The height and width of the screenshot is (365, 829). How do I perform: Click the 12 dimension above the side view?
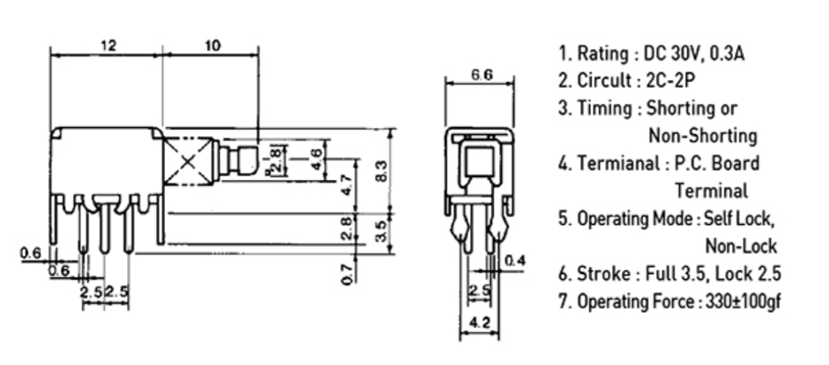(x=108, y=46)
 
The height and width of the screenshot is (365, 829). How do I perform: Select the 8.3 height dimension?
(x=381, y=171)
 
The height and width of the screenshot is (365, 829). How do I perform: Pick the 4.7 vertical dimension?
(x=347, y=185)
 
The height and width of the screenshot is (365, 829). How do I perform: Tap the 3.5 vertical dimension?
(x=381, y=231)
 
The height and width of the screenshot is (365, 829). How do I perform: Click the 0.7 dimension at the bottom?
(x=347, y=273)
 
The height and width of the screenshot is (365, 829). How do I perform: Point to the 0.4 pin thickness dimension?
(x=515, y=260)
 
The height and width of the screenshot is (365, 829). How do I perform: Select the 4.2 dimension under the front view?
(x=480, y=323)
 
